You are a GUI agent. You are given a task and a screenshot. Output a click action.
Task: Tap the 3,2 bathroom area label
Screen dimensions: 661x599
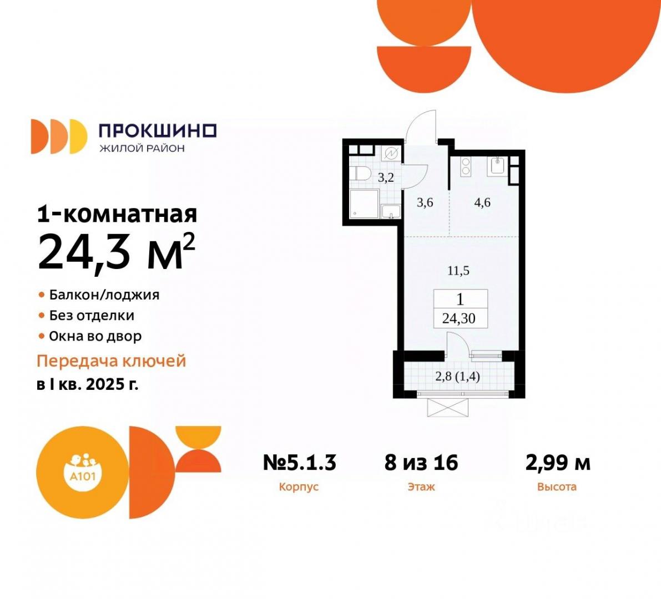tap(385, 177)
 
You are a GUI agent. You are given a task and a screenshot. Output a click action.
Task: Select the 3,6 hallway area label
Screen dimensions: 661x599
tap(425, 202)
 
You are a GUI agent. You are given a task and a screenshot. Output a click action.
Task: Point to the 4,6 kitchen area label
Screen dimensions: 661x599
tap(482, 202)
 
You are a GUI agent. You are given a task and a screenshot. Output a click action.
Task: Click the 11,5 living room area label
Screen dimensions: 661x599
tap(458, 271)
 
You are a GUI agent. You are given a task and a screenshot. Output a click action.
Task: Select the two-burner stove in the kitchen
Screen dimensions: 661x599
tap(466, 166)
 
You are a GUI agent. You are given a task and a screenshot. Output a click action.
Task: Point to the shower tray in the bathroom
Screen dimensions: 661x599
tap(364, 204)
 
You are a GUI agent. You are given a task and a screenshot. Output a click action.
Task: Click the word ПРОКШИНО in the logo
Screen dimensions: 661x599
tap(157, 131)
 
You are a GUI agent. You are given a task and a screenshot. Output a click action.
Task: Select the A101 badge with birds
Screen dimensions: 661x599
tap(83, 472)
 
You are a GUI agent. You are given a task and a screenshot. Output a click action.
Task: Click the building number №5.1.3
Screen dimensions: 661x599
tap(299, 463)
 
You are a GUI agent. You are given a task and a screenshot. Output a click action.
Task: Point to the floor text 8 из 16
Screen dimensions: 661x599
tap(421, 463)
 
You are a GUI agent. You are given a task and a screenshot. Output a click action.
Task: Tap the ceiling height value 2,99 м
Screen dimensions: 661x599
tap(558, 463)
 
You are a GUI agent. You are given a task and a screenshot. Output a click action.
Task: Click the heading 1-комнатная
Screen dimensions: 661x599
tap(117, 214)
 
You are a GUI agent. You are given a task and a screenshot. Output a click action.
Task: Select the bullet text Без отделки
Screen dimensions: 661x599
tap(92, 315)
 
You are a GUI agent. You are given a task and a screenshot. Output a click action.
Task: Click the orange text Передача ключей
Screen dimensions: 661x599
tap(112, 361)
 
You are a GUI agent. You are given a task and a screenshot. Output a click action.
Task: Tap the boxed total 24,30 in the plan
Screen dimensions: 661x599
tap(458, 318)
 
